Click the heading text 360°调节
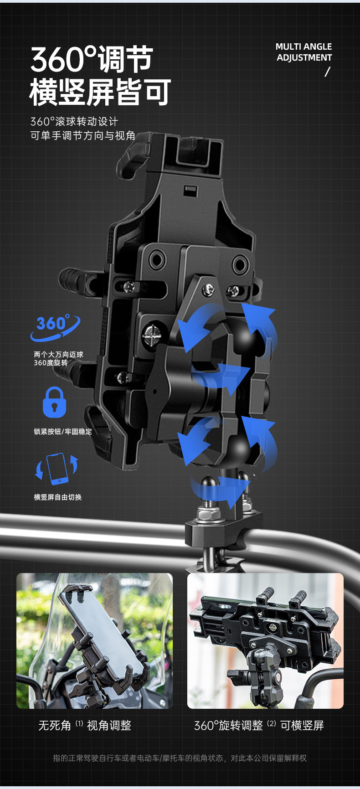click(x=91, y=60)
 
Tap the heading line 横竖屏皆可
click(x=100, y=93)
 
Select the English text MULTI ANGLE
click(x=303, y=46)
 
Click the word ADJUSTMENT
click(x=304, y=58)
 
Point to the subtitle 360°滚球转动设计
click(x=74, y=122)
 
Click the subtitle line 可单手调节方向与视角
click(x=83, y=136)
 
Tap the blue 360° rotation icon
click(x=55, y=327)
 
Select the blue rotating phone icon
click(x=57, y=469)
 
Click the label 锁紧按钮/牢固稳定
click(x=63, y=432)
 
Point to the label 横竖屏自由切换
click(x=58, y=497)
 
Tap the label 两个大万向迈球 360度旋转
click(x=58, y=359)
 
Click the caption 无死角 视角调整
click(x=85, y=725)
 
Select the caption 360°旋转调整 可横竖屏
click(x=259, y=725)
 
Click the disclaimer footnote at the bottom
click(x=180, y=758)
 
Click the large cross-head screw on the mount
click(x=151, y=336)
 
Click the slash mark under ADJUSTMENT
click(x=327, y=72)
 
